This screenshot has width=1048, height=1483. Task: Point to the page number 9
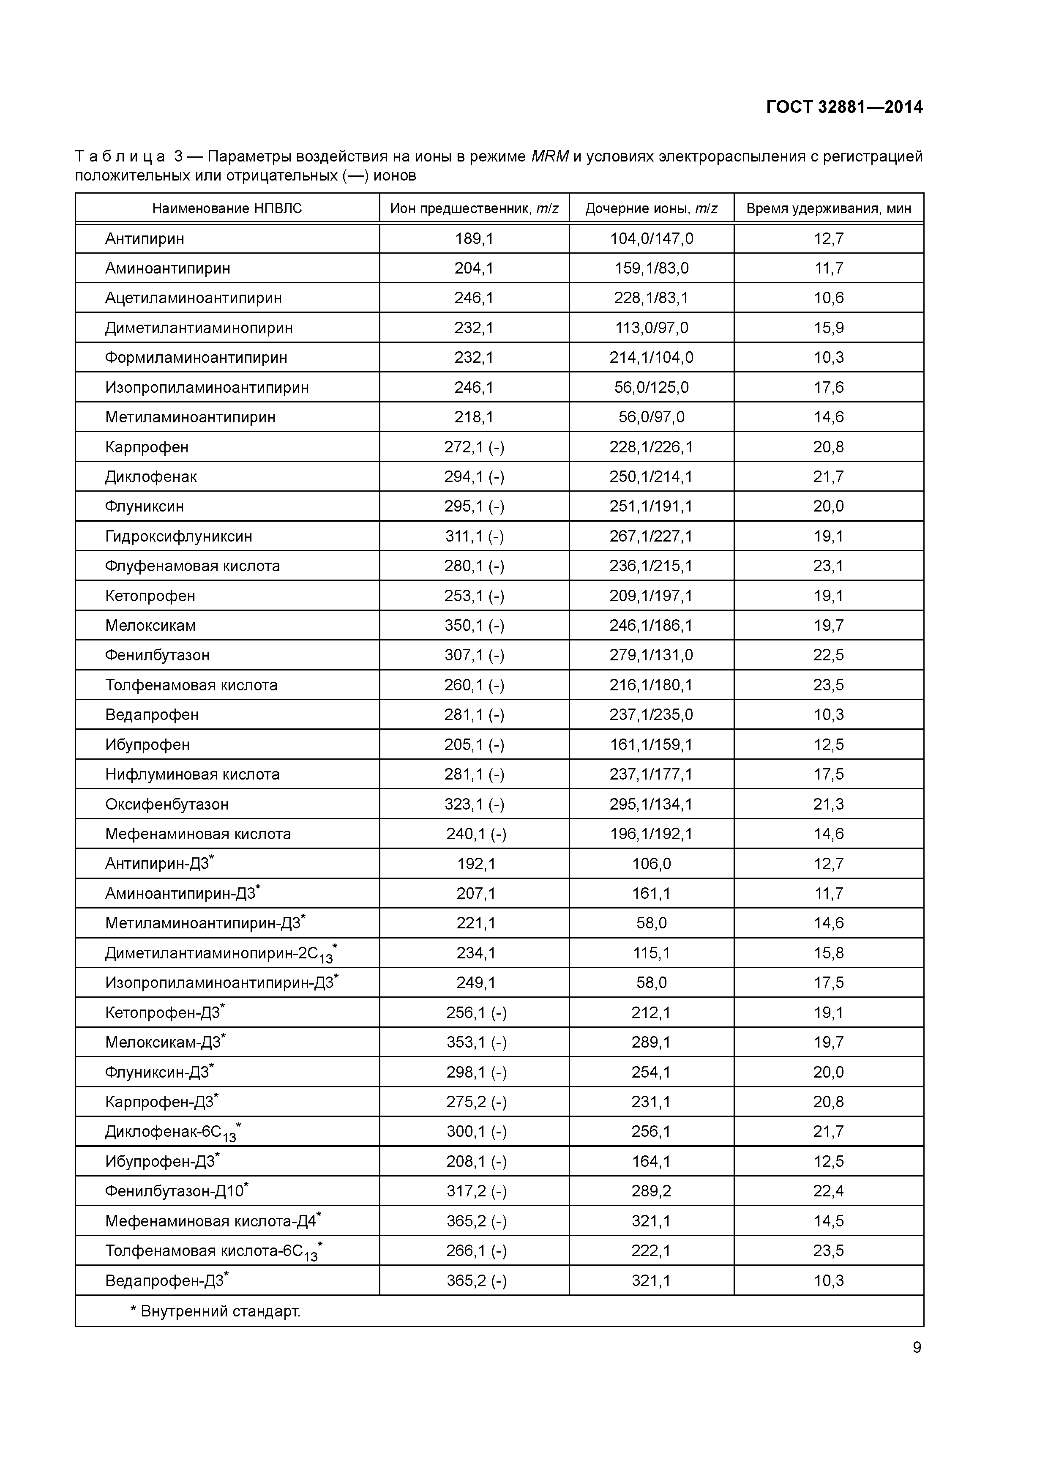click(916, 1347)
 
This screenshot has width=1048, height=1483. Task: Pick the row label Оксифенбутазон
click(166, 804)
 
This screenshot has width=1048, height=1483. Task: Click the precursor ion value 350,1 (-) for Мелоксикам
click(474, 625)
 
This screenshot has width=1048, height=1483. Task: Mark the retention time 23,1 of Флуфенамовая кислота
click(828, 566)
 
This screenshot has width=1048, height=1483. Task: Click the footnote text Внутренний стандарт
click(220, 1311)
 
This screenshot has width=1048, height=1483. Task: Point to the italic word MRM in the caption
click(549, 156)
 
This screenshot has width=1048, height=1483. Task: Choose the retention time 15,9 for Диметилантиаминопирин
click(828, 328)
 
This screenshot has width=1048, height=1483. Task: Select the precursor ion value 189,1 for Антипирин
click(474, 239)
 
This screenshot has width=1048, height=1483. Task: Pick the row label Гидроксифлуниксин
click(178, 536)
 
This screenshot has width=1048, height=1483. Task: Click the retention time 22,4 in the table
click(828, 1191)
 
